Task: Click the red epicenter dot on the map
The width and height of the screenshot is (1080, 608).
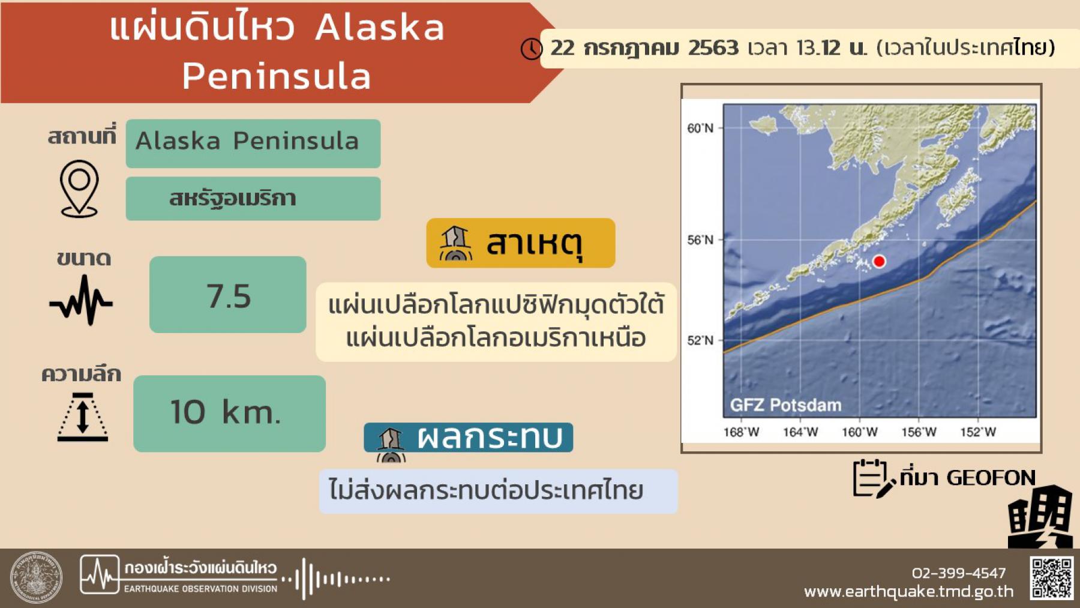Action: point(879,261)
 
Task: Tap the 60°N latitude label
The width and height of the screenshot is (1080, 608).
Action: point(700,128)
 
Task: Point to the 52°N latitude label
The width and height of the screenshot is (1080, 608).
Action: point(700,340)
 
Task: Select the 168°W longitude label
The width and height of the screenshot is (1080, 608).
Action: point(741,432)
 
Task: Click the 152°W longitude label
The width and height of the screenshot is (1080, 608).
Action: point(978,432)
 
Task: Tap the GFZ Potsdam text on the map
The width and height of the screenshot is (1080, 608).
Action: point(785,405)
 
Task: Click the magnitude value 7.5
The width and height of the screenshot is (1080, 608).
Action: point(229,296)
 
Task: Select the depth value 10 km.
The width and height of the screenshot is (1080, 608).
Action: point(226,412)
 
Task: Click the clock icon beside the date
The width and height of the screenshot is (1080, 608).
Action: point(531,49)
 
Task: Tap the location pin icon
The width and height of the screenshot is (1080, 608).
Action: point(79,188)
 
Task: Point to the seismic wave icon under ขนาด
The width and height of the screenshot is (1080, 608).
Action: point(81,300)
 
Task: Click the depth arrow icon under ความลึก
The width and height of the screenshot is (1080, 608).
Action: point(83,417)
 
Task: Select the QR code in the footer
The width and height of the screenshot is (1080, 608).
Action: point(1052,578)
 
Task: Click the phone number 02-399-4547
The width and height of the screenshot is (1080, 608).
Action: point(959,573)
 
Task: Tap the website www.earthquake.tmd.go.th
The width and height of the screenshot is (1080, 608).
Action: point(908,592)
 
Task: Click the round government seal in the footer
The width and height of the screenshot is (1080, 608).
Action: point(36,577)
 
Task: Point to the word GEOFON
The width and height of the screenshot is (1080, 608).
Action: point(991,478)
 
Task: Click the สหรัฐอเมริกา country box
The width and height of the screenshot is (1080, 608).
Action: point(253,199)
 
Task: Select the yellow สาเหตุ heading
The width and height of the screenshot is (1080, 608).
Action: point(521,243)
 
